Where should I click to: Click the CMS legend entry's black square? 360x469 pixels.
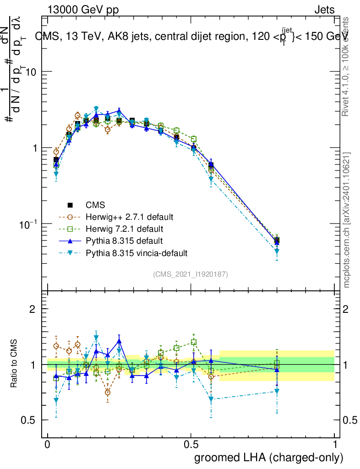click(70, 204)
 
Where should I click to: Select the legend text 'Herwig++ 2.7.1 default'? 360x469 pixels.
click(130, 216)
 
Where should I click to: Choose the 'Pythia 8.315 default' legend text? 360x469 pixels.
click(124, 240)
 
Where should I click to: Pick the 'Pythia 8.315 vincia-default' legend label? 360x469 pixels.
click(136, 252)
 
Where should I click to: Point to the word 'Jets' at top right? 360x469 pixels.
click(324, 10)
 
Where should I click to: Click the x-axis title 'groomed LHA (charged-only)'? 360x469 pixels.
click(269, 457)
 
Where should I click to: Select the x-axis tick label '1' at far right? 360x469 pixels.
click(335, 444)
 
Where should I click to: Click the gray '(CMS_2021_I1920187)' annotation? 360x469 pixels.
click(191, 274)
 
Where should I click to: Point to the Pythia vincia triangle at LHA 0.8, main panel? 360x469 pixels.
click(277, 251)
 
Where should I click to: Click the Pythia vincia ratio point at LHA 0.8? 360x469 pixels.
click(277, 391)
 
